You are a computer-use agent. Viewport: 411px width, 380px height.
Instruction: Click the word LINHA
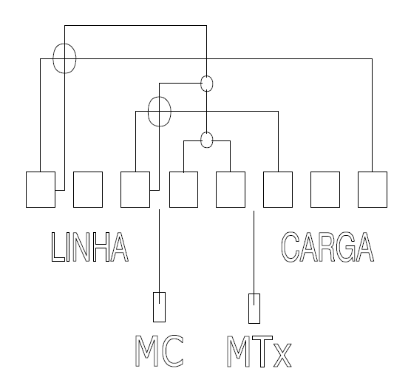tap(90, 247)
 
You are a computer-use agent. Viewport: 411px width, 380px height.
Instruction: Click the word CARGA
tap(327, 247)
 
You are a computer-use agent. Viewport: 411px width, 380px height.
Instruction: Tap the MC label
tap(159, 351)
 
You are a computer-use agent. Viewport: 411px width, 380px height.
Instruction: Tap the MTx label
tap(259, 351)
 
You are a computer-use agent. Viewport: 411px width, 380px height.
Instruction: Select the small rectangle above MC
tap(154, 307)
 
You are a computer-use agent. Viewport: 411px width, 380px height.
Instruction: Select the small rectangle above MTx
tap(249, 308)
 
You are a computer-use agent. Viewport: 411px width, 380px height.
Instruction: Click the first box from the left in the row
tap(26, 189)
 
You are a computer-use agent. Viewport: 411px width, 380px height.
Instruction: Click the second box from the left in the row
tap(73, 189)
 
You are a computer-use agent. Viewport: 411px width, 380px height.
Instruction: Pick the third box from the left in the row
tap(120, 189)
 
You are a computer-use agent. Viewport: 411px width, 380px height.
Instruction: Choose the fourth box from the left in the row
tap(169, 189)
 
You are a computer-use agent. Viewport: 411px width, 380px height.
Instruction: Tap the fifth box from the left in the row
tap(217, 189)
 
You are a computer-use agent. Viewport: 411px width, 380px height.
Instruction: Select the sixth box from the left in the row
tap(263, 189)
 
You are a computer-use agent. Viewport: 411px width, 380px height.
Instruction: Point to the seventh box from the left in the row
tap(311, 189)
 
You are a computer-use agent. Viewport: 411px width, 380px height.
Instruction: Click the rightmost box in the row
tap(359, 189)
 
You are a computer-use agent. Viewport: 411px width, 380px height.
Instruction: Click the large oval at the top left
tap(53, 58)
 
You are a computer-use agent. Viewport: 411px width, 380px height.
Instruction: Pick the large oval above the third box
tap(149, 112)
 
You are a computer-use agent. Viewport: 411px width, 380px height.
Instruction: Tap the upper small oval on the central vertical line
tap(201, 84)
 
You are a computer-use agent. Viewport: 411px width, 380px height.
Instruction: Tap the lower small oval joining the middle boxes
tap(201, 140)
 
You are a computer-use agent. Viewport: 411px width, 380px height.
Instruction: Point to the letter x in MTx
tap(282, 356)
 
